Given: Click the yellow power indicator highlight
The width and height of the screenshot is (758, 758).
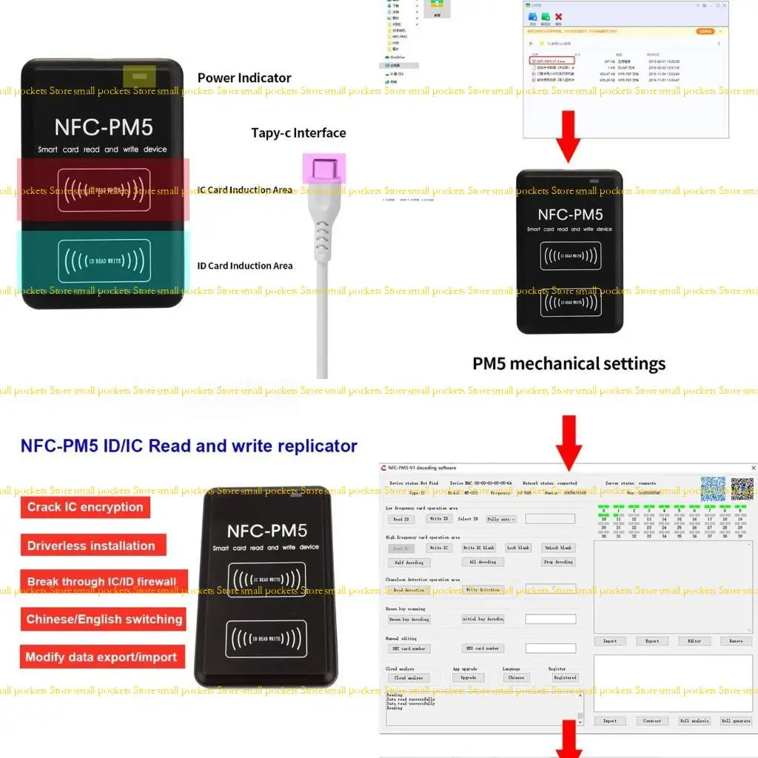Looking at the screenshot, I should pos(139,76).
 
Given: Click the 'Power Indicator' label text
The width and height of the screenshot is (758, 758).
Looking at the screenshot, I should pos(244,78).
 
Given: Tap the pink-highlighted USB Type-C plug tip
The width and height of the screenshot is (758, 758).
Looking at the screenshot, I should pos(323,167).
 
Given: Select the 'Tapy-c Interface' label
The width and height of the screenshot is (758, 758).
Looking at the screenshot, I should pos(298,133).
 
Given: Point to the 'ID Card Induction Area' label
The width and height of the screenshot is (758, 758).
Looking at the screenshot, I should pos(245,266).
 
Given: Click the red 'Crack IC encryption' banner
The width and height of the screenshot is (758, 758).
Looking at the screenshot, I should pos(85,507).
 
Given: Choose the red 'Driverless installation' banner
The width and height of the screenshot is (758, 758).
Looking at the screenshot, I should pos(92,546).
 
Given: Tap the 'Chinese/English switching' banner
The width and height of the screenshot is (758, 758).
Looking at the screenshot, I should pos(104,620).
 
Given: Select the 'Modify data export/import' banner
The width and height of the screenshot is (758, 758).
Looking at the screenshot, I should pos(101,657).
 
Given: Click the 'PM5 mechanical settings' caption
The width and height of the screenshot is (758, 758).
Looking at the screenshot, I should pos(568,363).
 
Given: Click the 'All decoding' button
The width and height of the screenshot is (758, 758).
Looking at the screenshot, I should pos(483,562).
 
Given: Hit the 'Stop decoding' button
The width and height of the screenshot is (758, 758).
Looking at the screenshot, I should pos(558,562).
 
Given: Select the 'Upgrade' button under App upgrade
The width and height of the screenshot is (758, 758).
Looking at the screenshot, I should pos(468,677).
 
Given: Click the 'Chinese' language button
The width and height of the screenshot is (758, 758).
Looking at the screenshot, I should pos(516,677).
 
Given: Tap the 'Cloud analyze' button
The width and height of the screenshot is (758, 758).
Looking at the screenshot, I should pos(409,677).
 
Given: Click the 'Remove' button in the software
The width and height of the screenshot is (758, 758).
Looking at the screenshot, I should pos(736,641).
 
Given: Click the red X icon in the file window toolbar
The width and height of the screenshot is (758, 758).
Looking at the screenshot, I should pos(559,17).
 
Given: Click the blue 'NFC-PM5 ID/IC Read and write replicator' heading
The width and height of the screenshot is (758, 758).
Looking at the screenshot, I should pos(189,446).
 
